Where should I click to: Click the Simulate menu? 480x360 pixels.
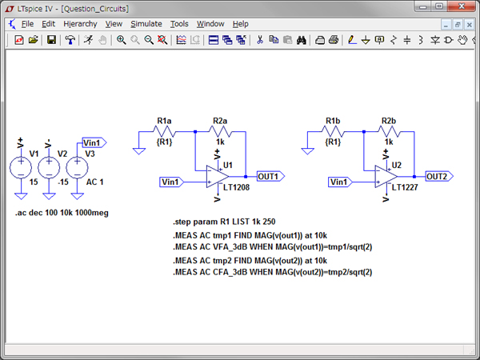click(146, 24)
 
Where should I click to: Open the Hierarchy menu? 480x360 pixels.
click(80, 24)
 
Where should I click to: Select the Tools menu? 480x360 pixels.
click(179, 24)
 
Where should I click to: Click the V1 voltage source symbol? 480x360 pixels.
click(21, 168)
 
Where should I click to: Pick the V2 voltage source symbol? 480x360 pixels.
click(49, 168)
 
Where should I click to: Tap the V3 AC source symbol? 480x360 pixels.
click(77, 168)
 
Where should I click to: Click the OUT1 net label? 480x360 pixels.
click(268, 176)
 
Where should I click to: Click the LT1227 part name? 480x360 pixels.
click(407, 187)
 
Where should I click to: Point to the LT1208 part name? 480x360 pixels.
click(238, 187)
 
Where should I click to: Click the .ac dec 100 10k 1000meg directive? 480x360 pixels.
click(62, 214)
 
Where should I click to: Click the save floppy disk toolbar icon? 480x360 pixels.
click(51, 39)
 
